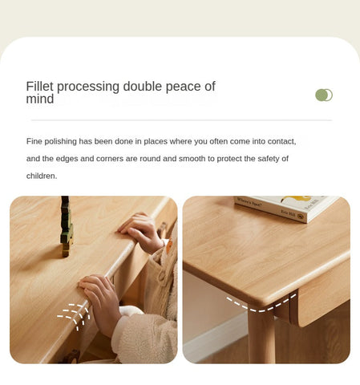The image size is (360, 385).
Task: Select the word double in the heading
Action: pos(144,87)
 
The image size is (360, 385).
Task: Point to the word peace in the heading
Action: pos(184,87)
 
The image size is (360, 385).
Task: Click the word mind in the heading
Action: pos(40,99)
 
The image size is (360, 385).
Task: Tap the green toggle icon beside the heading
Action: pos(324,95)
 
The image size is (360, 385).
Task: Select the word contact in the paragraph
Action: pos(278,141)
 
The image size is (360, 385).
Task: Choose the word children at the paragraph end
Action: pos(41,176)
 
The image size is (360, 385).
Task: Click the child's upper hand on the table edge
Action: pos(143,230)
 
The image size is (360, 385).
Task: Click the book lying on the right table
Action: pos(285,207)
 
